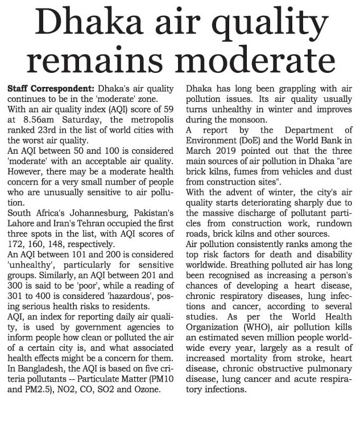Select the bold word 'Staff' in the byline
pyautogui.click(x=19, y=90)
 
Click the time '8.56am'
pyautogui.click(x=32, y=120)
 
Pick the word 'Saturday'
pyautogui.click(x=76, y=120)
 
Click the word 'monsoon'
pyautogui.click(x=233, y=120)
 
